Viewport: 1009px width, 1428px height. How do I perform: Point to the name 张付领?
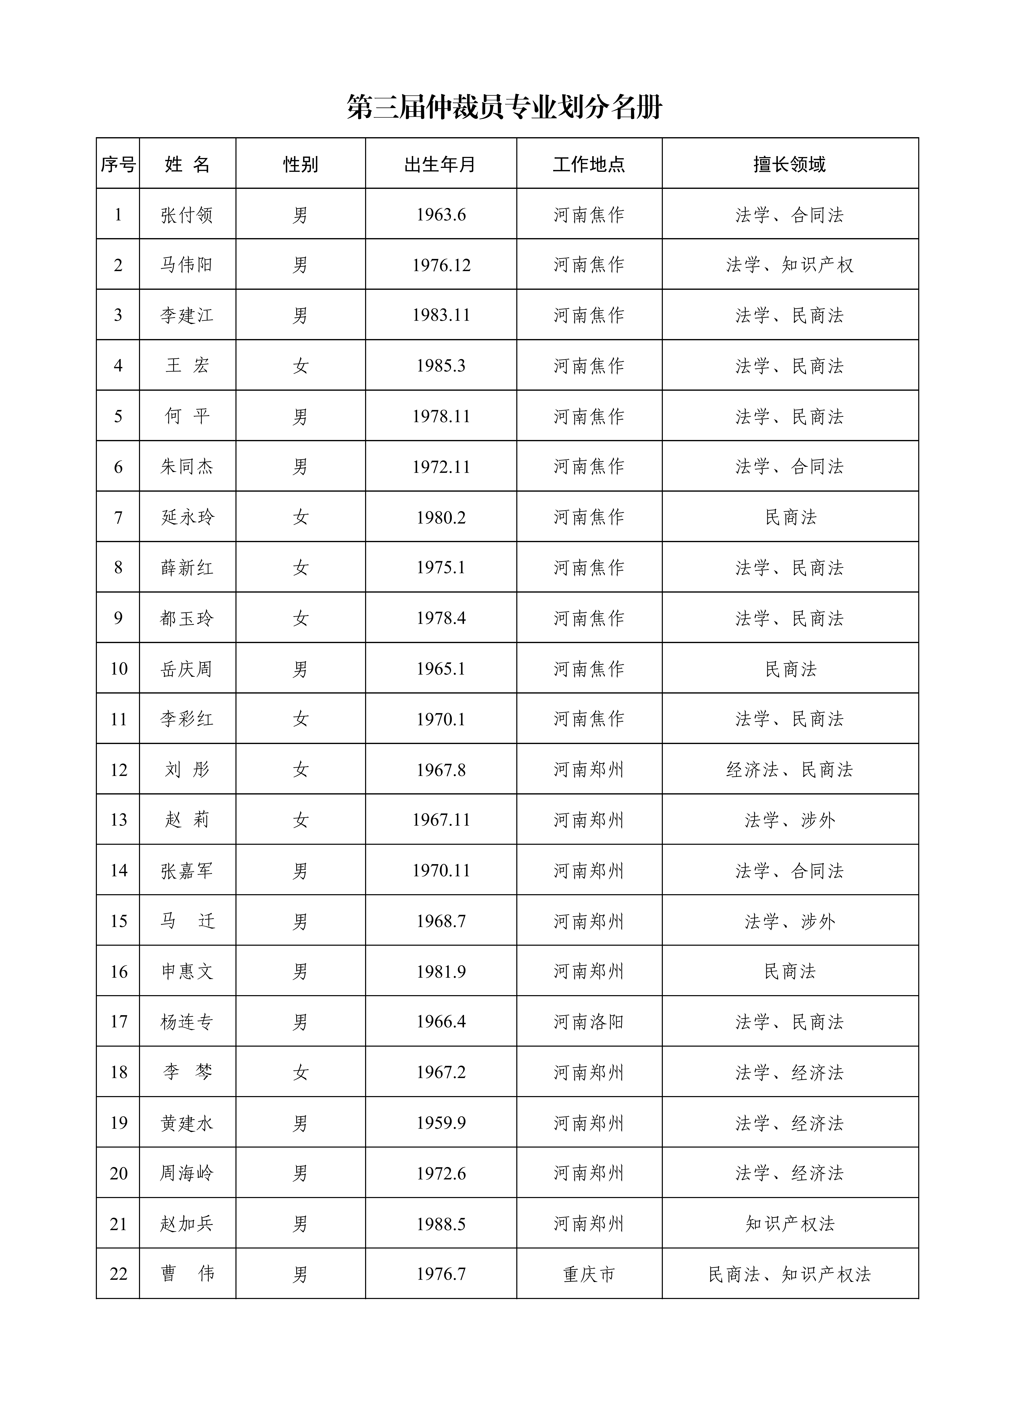[187, 215]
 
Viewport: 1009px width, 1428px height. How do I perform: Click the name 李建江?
[187, 315]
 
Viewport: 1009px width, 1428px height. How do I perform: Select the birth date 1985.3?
[441, 366]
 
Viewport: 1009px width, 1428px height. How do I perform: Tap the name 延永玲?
[187, 518]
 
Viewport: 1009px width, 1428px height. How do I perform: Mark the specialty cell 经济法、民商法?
[789, 770]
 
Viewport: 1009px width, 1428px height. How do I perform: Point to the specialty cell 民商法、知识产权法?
[789, 1274]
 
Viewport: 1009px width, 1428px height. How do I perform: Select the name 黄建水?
[187, 1123]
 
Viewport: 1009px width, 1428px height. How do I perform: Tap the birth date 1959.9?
[441, 1123]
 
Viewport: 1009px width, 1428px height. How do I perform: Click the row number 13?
[118, 820]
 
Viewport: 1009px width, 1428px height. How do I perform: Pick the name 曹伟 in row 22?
[187, 1274]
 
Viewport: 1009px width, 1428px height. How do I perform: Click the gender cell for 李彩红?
[300, 720]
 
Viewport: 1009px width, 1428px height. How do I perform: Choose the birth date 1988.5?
[441, 1224]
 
